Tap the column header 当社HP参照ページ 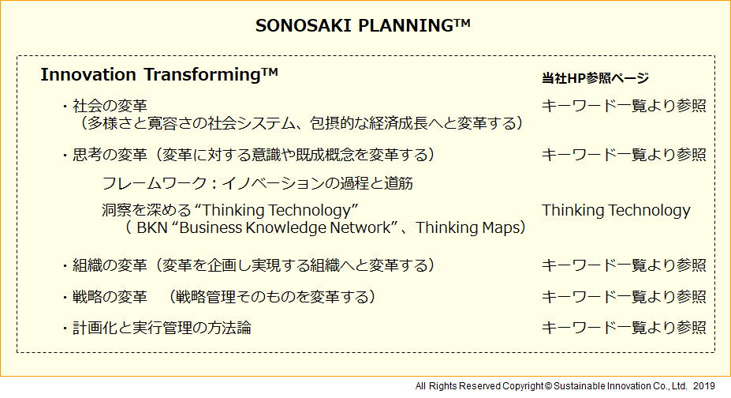[595, 78]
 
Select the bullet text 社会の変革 [110, 106]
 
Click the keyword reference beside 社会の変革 [624, 106]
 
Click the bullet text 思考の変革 [110, 155]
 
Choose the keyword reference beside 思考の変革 [624, 155]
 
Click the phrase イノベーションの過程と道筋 [317, 183]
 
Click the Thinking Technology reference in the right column [616, 210]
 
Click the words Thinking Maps [467, 227]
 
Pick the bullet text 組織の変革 [110, 265]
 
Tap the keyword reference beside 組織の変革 [624, 265]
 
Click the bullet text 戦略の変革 [110, 297]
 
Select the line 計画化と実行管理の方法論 [162, 328]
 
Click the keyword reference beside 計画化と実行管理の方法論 [624, 328]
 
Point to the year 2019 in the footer [704, 386]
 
